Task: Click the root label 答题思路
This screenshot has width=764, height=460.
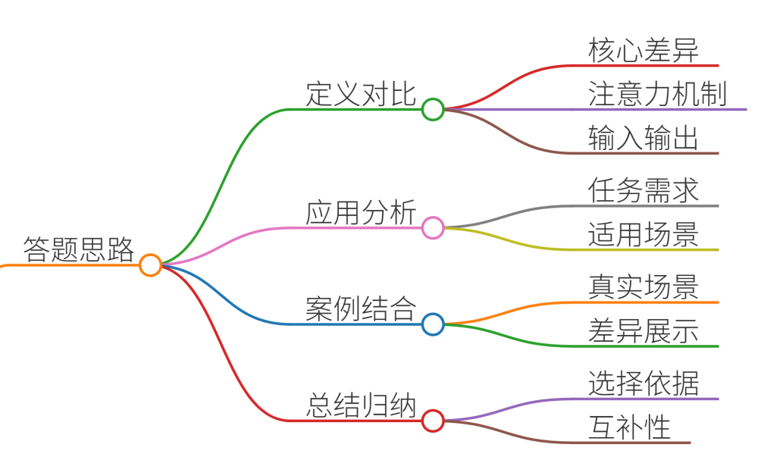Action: pyautogui.click(x=79, y=249)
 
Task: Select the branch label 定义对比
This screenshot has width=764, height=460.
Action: pyautogui.click(x=361, y=93)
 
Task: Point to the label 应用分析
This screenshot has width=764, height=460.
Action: pyautogui.click(x=361, y=212)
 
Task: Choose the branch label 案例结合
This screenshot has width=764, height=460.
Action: pyautogui.click(x=361, y=308)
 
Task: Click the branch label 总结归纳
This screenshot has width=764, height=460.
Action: pyautogui.click(x=361, y=405)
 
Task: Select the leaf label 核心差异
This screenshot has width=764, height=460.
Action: pyautogui.click(x=643, y=50)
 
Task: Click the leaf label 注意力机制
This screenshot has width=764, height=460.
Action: pyautogui.click(x=657, y=93)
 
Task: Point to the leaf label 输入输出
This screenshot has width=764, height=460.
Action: pyautogui.click(x=643, y=137)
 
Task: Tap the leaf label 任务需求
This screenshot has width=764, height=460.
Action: pyautogui.click(x=643, y=190)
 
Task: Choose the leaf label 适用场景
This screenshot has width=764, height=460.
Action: pyautogui.click(x=643, y=234)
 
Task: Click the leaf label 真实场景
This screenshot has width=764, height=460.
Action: pyautogui.click(x=643, y=286)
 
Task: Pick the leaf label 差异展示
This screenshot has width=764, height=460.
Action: pyautogui.click(x=643, y=330)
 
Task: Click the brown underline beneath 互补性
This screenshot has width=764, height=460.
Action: pyautogui.click(x=631, y=443)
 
